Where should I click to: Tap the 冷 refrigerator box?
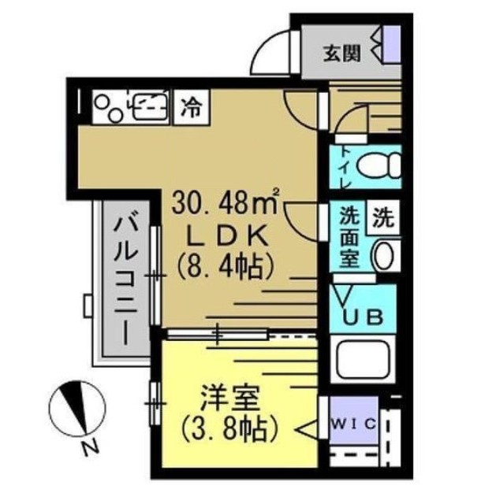(x=190, y=105)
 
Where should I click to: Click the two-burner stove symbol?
(x=108, y=106)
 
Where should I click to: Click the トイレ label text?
(x=344, y=167)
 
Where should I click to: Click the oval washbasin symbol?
(x=385, y=255)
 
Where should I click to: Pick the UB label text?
(x=365, y=317)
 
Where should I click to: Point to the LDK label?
(x=226, y=234)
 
